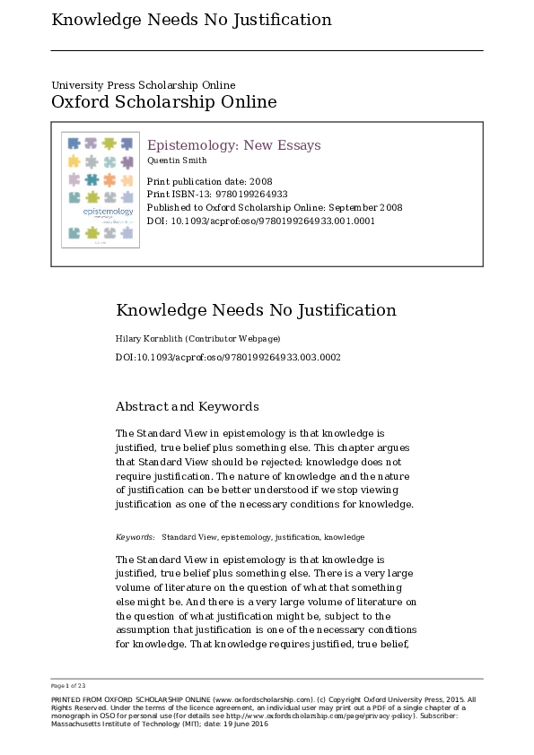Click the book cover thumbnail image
[101, 190]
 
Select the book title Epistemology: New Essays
[233, 145]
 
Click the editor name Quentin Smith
[177, 161]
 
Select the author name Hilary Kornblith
[149, 339]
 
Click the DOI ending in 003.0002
[228, 357]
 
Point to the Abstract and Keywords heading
[188, 406]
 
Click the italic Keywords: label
[135, 537]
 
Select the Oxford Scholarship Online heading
[163, 102]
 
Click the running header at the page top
[191, 20]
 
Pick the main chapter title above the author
[256, 311]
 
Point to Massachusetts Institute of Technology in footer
[109, 724]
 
